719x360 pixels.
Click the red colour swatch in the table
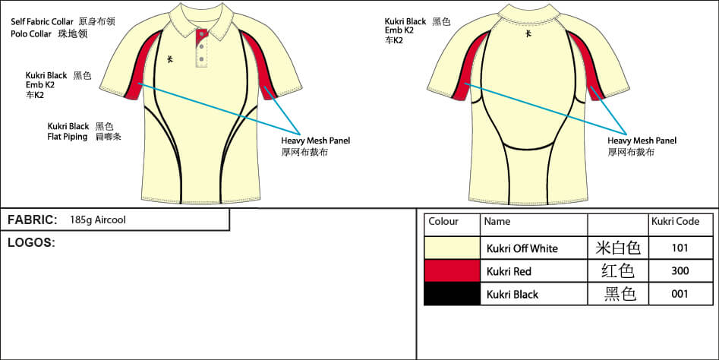click(452, 271)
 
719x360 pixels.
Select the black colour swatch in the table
click(452, 294)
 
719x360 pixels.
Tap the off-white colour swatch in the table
click(452, 248)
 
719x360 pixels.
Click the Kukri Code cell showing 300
click(680, 271)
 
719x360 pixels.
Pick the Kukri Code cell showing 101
click(680, 248)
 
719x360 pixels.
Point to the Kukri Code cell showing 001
click(680, 294)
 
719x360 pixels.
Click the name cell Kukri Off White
click(522, 248)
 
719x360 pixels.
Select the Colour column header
click(443, 222)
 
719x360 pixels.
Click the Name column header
click(497, 222)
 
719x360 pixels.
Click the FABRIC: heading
click(33, 219)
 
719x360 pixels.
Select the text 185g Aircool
click(97, 220)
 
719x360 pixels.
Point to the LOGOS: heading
click(31, 242)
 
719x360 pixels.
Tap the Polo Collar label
click(32, 34)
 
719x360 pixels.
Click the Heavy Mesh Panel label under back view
click(642, 141)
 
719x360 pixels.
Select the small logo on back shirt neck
click(528, 33)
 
